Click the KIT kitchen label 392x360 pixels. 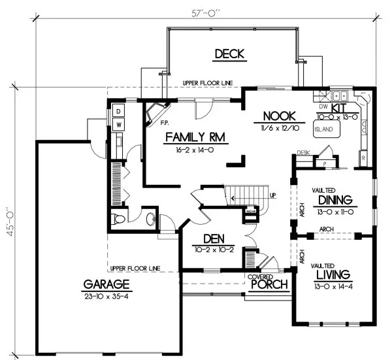pos(339,107)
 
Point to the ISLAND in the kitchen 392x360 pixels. pos(323,129)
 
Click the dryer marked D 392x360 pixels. pos(120,109)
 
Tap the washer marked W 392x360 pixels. pos(120,123)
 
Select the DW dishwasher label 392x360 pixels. pos(322,106)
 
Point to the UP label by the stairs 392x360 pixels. pos(272,195)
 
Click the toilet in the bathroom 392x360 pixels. pos(118,218)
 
